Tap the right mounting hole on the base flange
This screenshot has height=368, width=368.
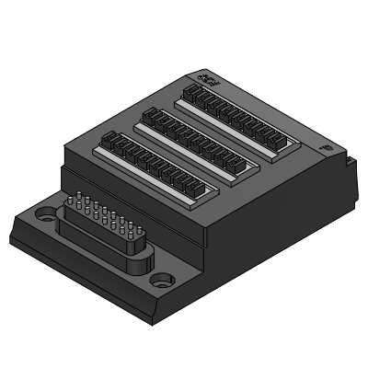coord(162,277)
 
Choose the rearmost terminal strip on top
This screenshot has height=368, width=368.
coord(237,115)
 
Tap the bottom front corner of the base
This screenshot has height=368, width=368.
coord(150,321)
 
